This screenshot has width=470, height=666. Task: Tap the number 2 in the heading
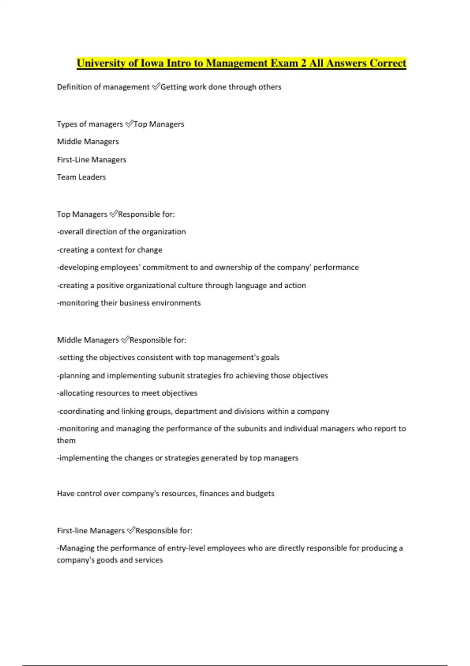click(x=304, y=63)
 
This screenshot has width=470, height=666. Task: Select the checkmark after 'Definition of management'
click(x=155, y=87)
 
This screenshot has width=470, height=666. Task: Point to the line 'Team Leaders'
click(x=81, y=177)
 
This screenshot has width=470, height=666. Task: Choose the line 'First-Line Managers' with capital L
click(x=92, y=159)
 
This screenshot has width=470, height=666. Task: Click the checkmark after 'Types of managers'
click(x=129, y=124)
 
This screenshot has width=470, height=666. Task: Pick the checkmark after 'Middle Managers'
click(x=125, y=340)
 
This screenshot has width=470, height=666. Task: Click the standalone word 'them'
click(x=66, y=440)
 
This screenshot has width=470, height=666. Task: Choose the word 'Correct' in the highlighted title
click(x=388, y=63)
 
